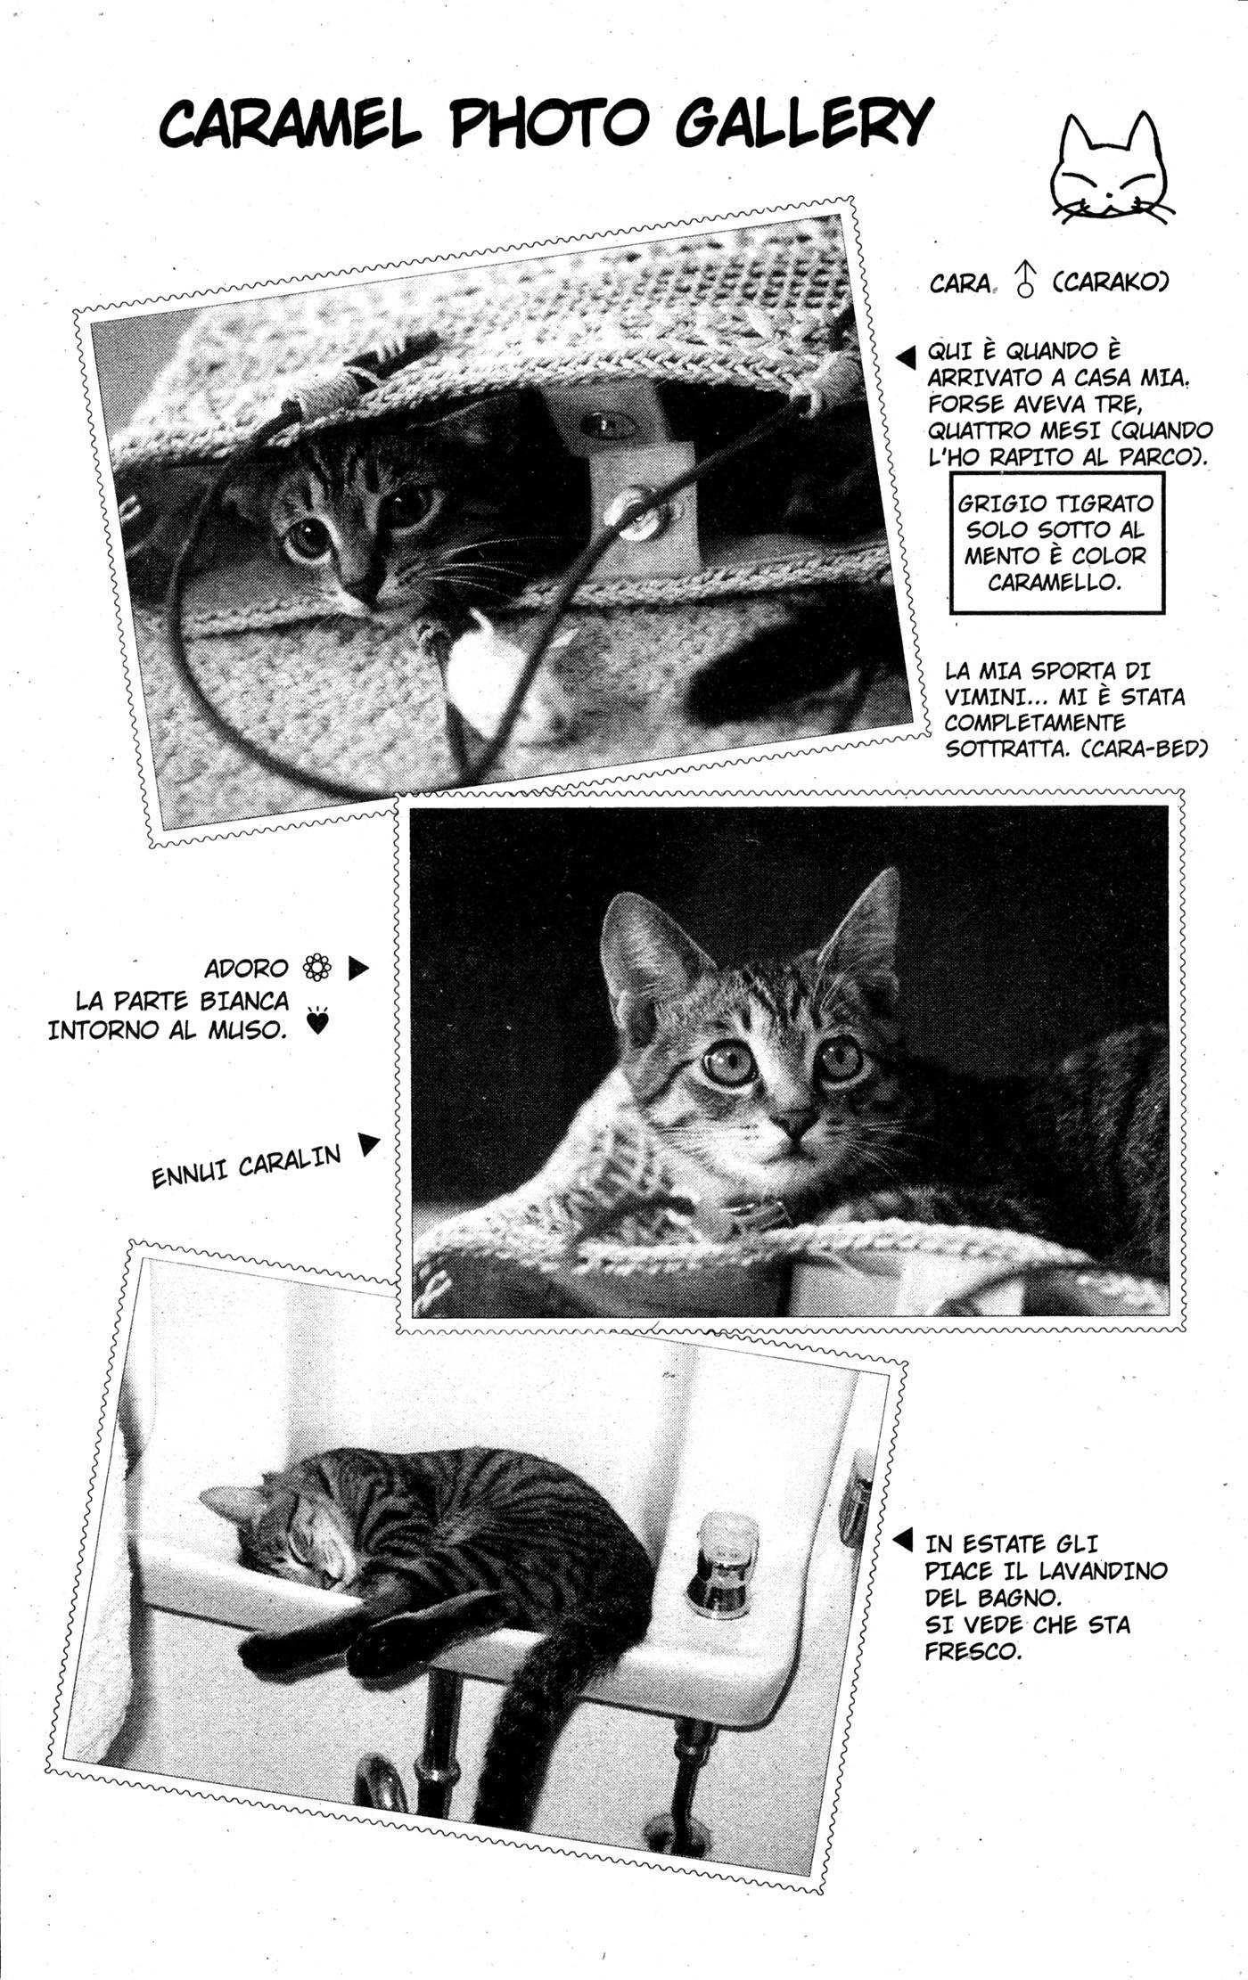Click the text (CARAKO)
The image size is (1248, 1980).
tap(1110, 282)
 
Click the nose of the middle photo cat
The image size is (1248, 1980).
tap(796, 1119)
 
